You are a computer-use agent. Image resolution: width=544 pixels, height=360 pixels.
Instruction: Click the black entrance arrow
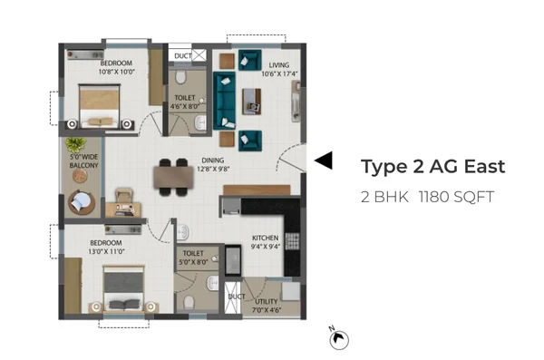pyautogui.click(x=324, y=161)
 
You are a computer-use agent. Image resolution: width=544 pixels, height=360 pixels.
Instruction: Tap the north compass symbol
pyautogui.click(x=338, y=338)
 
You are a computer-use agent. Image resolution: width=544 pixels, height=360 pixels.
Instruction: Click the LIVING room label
pyautogui.click(x=279, y=65)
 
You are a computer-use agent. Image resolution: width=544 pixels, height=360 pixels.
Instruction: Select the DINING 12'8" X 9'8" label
pyautogui.click(x=213, y=164)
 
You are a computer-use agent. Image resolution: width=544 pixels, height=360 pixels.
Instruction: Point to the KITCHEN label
pyautogui.click(x=265, y=238)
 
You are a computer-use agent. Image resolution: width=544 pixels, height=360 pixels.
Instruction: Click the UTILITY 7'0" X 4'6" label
pyautogui.click(x=267, y=306)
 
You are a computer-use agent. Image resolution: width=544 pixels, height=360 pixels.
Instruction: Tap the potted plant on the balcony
pyautogui.click(x=75, y=143)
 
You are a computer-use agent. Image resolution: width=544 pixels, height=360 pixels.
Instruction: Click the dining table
pyautogui.click(x=173, y=177)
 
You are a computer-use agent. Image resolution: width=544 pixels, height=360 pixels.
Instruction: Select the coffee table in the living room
pyautogui.click(x=251, y=102)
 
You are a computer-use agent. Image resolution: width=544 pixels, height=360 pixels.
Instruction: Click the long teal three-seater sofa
pyautogui.click(x=224, y=101)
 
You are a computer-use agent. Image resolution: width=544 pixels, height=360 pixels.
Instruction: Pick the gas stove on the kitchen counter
pyautogui.click(x=292, y=241)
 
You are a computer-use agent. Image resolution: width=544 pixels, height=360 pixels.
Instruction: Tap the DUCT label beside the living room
pyautogui.click(x=183, y=56)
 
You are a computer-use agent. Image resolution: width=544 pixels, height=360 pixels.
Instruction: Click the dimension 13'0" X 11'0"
pyautogui.click(x=106, y=251)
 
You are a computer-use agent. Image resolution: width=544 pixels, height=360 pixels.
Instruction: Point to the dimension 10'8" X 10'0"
pyautogui.click(x=117, y=72)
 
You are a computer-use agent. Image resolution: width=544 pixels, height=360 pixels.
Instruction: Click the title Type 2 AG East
pyautogui.click(x=432, y=167)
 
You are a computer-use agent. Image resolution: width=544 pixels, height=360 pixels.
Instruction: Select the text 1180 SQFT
pyautogui.click(x=456, y=197)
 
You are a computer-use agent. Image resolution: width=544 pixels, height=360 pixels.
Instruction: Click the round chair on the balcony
pyautogui.click(x=82, y=202)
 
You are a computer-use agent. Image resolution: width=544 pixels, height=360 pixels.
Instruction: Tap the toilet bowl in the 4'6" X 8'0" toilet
pyautogui.click(x=180, y=77)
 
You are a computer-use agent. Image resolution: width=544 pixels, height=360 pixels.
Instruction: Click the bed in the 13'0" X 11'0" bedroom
pyautogui.click(x=123, y=289)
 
